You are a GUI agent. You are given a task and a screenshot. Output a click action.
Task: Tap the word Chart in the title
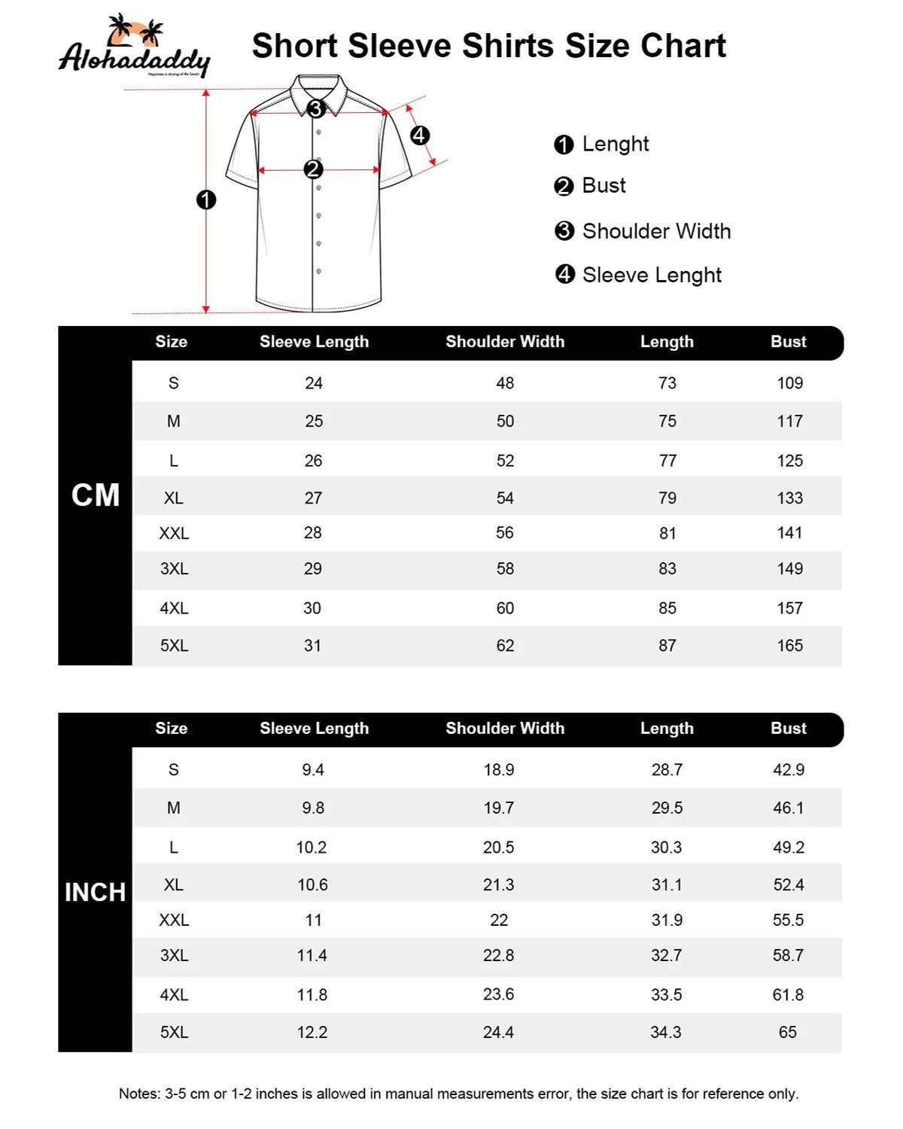pyautogui.click(x=683, y=46)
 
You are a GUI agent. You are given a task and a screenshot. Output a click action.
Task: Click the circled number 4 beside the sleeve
pyautogui.click(x=419, y=135)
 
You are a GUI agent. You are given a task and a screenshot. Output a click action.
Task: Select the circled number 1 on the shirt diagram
pyautogui.click(x=205, y=200)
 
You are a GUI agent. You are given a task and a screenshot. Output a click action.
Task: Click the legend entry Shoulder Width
pyautogui.click(x=656, y=231)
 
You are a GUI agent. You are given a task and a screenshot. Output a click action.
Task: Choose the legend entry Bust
pyautogui.click(x=604, y=186)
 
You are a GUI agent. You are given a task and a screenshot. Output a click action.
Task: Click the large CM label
pyautogui.click(x=96, y=495)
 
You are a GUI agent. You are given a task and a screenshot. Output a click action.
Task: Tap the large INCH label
pyautogui.click(x=95, y=893)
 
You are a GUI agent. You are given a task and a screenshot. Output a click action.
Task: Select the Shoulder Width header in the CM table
pyautogui.click(x=505, y=342)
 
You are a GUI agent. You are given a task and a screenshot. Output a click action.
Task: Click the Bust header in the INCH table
pyautogui.click(x=788, y=729)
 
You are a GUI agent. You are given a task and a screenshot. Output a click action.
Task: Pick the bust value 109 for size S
pyautogui.click(x=789, y=383)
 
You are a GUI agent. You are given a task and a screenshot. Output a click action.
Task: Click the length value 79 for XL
pyautogui.click(x=667, y=498)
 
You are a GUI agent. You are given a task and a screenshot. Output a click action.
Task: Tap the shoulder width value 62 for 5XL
pyautogui.click(x=505, y=646)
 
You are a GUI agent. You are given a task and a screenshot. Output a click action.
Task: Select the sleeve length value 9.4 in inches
pyautogui.click(x=313, y=770)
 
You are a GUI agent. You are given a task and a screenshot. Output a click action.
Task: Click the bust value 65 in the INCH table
pyautogui.click(x=788, y=1033)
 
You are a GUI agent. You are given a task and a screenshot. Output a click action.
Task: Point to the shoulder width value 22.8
pyautogui.click(x=498, y=956)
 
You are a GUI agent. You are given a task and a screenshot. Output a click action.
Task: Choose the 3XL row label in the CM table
pyautogui.click(x=174, y=569)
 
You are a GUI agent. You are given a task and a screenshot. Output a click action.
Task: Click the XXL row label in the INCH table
pyautogui.click(x=174, y=921)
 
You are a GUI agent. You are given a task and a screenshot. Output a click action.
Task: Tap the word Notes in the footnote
pyautogui.click(x=139, y=1094)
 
